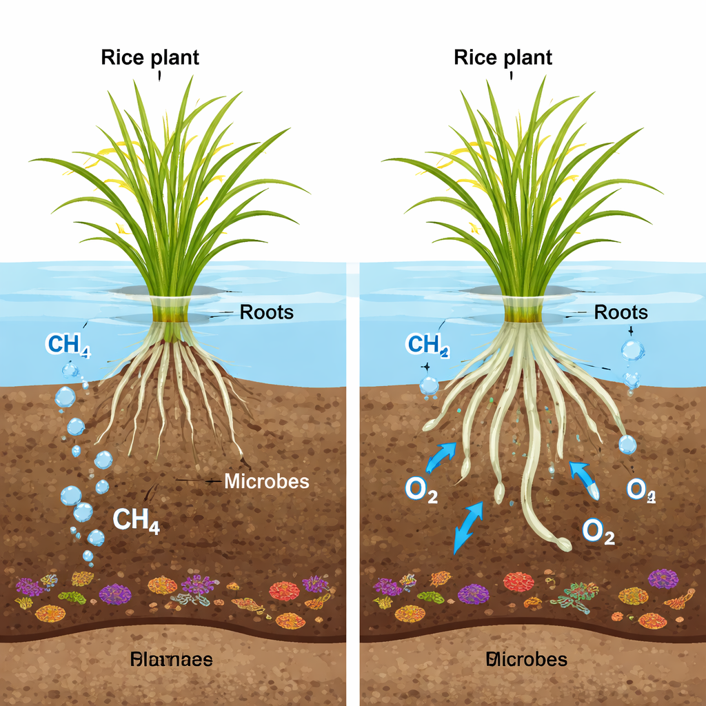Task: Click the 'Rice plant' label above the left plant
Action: pyautogui.click(x=150, y=57)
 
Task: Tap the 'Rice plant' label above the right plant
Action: pyautogui.click(x=503, y=57)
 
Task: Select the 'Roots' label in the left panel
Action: pyautogui.click(x=266, y=312)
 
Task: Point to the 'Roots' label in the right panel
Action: pyautogui.click(x=621, y=312)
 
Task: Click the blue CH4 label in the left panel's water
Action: pyautogui.click(x=67, y=344)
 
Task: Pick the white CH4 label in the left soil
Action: pyautogui.click(x=136, y=521)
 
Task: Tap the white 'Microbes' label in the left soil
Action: pyautogui.click(x=267, y=481)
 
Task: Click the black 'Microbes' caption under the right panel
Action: pyautogui.click(x=527, y=659)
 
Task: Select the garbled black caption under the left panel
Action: pyautogui.click(x=171, y=660)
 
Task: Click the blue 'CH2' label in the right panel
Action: pyautogui.click(x=428, y=344)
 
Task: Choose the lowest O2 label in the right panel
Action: pyautogui.click(x=598, y=532)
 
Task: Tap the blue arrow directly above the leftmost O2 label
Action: pyautogui.click(x=440, y=456)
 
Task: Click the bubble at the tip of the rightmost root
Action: pyautogui.click(x=627, y=445)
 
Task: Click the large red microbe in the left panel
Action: pyautogui.click(x=283, y=591)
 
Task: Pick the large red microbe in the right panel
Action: pyautogui.click(x=518, y=582)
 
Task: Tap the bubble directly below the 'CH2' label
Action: pyautogui.click(x=428, y=386)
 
